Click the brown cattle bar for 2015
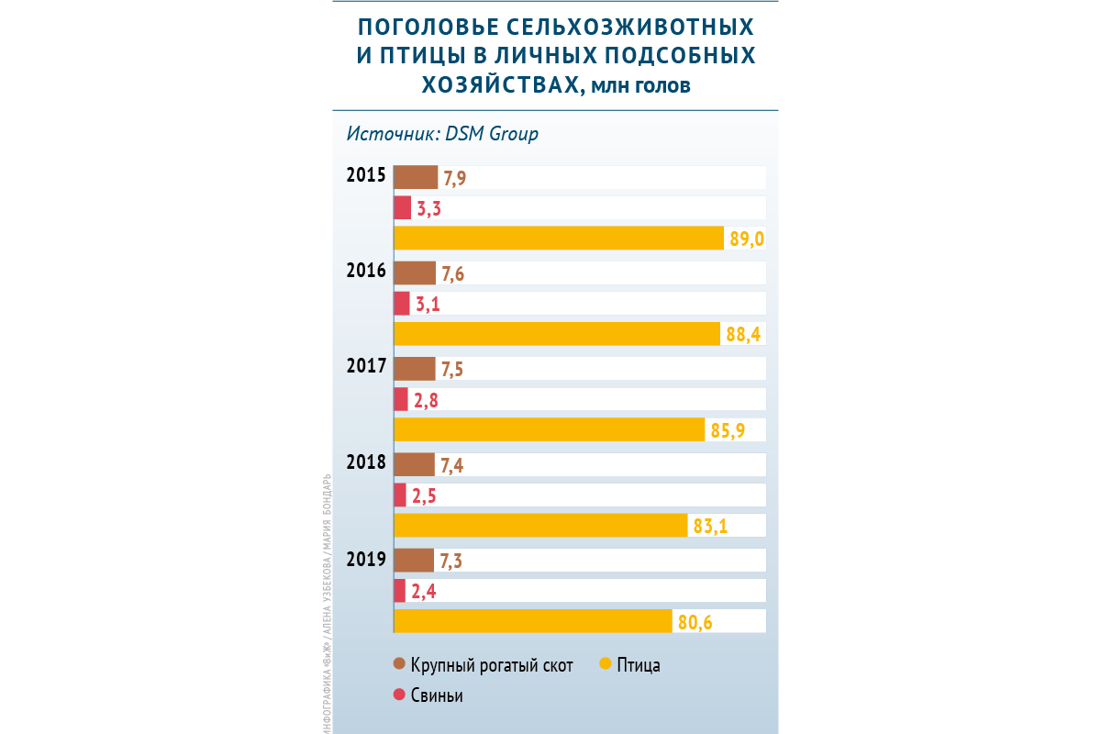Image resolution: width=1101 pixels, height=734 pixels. coord(416,177)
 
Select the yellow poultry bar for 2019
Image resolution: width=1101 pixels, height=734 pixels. coord(533,621)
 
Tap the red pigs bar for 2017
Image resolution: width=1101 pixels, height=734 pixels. coord(401,399)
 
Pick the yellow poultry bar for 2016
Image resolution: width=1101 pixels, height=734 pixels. coord(556,334)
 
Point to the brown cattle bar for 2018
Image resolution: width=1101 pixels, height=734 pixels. coord(414,465)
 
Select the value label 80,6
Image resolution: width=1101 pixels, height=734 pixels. coord(695,623)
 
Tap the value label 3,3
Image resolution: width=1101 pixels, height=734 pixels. coord(429,209)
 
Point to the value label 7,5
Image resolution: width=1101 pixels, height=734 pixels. coord(452,370)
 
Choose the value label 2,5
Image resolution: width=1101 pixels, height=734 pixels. coord(426,496)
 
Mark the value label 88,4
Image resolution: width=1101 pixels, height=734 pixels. coord(742,335)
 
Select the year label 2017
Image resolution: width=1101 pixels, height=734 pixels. coord(365,365)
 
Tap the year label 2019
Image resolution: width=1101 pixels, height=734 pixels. coord(365,557)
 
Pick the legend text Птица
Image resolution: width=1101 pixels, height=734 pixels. coord(639,665)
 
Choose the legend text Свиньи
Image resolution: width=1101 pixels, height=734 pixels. coord(437,695)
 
